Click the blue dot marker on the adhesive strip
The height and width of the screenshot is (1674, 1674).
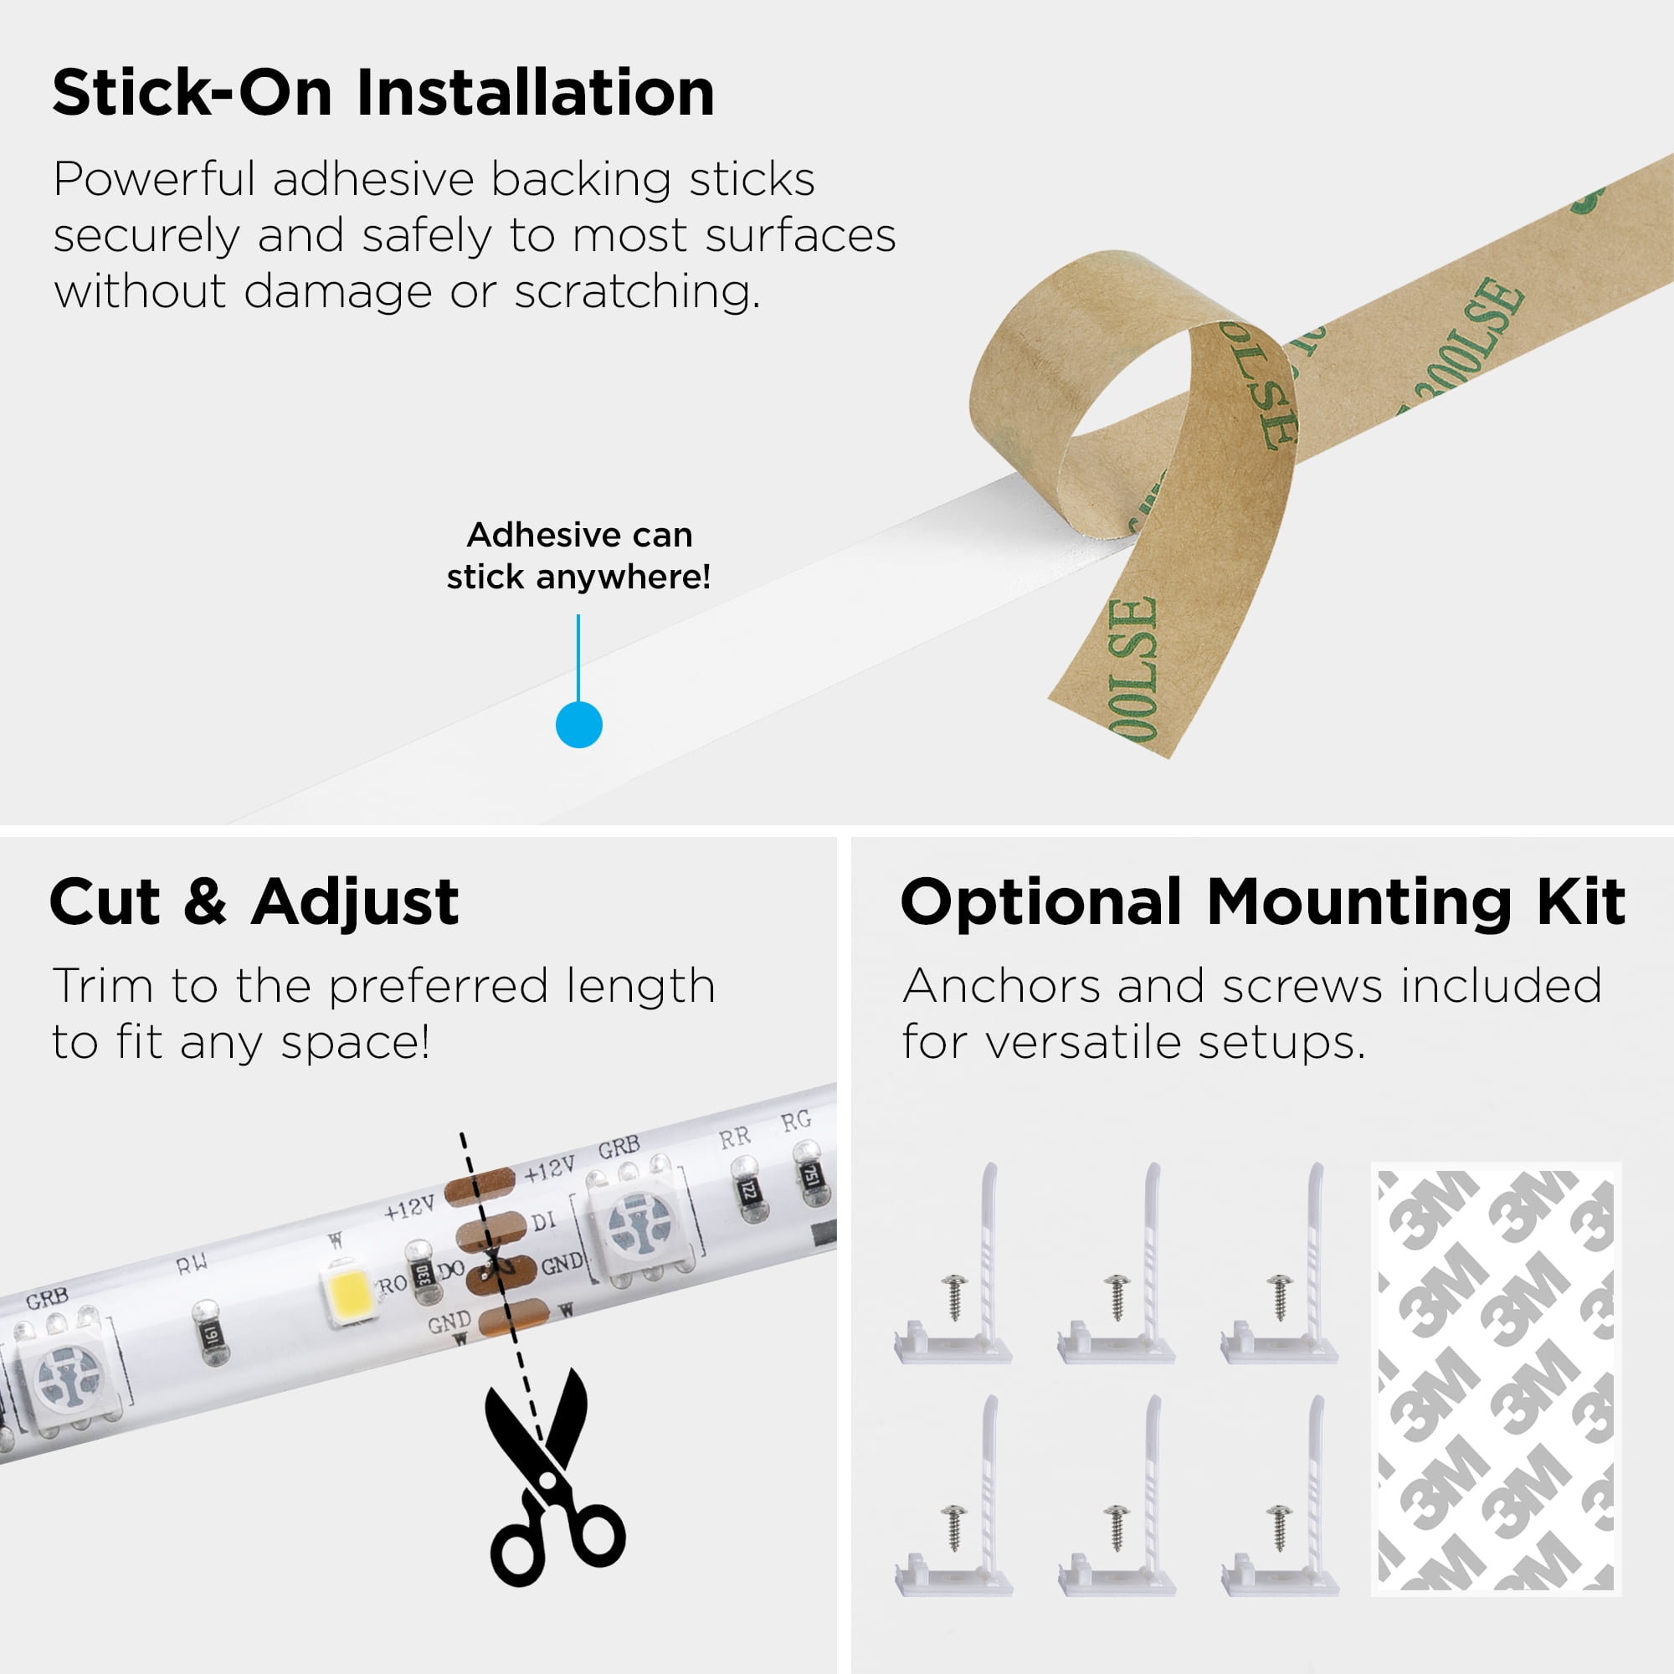click(x=579, y=724)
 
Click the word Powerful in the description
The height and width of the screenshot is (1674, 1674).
click(x=155, y=180)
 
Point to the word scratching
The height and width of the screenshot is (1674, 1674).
click(x=637, y=292)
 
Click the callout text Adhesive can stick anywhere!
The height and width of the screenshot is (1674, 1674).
click(x=579, y=556)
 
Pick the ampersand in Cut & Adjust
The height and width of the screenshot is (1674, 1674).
click(x=205, y=902)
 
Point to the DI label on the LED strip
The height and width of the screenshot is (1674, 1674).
click(x=543, y=1222)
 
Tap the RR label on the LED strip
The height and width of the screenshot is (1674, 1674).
click(x=734, y=1137)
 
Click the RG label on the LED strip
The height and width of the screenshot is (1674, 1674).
click(x=795, y=1122)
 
